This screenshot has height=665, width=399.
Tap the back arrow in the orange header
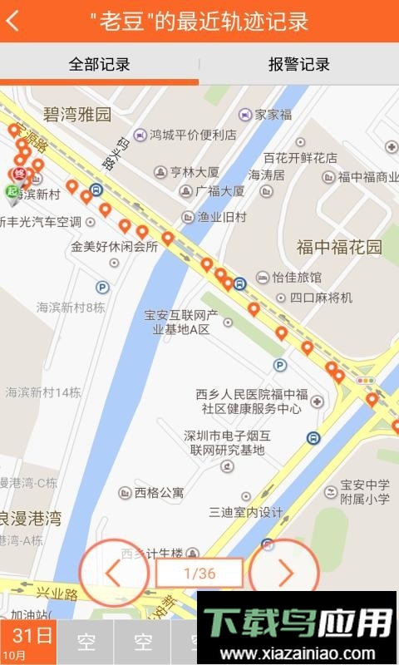pos(13,22)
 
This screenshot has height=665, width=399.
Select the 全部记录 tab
pos(99,64)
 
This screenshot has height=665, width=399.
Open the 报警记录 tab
pos(298,64)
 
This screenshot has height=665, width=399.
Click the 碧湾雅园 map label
pos(77,115)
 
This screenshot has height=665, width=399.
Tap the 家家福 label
pos(273,115)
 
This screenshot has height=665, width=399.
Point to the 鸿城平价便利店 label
pos(193,135)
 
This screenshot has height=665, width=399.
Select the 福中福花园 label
pos(339,247)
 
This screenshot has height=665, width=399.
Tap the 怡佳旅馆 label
pos(296,277)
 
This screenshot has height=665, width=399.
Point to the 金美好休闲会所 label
pos(114,247)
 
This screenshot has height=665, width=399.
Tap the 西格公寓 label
pos(159,492)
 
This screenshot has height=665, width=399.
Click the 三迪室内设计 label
pos(246,512)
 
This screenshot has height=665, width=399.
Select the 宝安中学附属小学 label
pos(364,491)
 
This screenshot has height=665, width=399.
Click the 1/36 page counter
pos(199,573)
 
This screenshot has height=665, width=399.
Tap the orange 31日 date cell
pos(28,642)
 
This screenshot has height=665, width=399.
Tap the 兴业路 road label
pos(57,594)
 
